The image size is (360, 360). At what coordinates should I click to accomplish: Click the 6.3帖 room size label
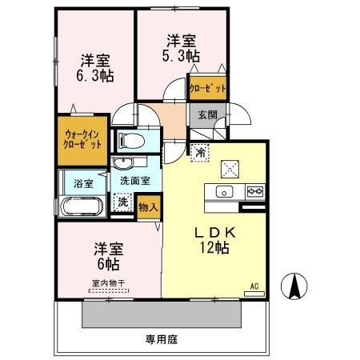94,76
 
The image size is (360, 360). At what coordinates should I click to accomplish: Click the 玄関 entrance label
206,114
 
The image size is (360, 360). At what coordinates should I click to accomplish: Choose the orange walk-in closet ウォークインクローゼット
82,140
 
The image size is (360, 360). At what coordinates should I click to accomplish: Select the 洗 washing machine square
122,204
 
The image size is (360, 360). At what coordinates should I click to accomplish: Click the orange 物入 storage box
147,206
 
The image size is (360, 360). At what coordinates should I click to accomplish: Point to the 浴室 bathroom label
83,182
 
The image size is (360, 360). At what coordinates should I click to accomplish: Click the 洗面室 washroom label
134,182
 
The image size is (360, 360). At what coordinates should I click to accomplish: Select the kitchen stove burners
255,192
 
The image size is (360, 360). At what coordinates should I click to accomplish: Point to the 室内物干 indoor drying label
108,282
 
